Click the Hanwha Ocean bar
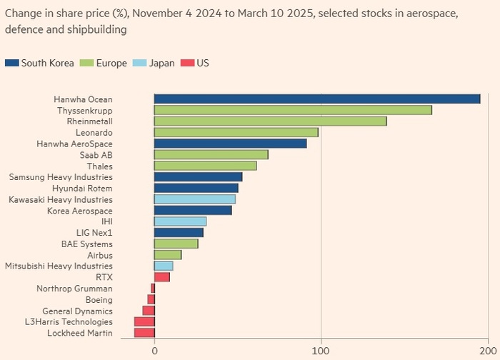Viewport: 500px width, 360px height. click(x=317, y=99)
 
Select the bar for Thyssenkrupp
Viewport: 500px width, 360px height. click(x=293, y=110)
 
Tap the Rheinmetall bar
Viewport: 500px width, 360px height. click(x=270, y=121)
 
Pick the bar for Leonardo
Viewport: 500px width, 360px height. click(x=236, y=132)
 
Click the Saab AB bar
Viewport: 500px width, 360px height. click(x=211, y=154)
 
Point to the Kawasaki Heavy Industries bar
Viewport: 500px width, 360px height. click(x=194, y=199)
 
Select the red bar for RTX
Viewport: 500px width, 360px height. click(x=161, y=277)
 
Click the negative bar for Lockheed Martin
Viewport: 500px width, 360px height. click(x=144, y=333)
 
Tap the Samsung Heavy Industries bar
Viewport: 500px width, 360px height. click(x=198, y=177)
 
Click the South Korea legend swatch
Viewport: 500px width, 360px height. click(x=11, y=63)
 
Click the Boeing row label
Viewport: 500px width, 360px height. click(x=99, y=300)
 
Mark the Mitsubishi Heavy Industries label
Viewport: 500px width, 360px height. click(x=59, y=266)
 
